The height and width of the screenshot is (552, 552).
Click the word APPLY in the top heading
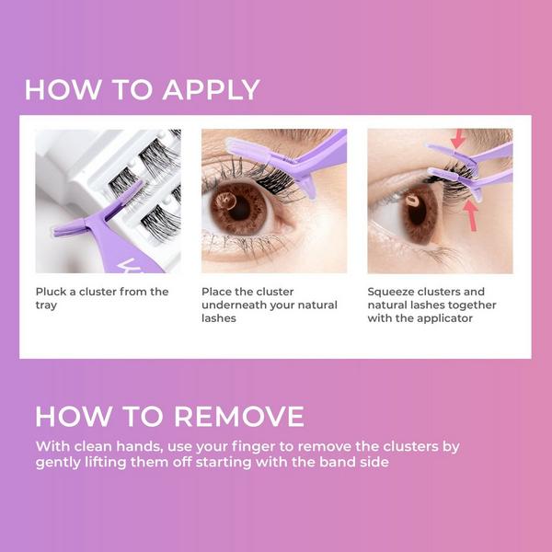212,89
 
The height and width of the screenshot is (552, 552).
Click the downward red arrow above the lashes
458,140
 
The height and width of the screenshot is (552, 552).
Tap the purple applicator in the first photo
120,235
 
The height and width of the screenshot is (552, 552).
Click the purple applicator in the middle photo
294,156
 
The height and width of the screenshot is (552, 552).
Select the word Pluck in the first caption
52,292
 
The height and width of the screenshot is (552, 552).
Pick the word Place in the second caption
218,292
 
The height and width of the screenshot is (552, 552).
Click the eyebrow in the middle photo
267,136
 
